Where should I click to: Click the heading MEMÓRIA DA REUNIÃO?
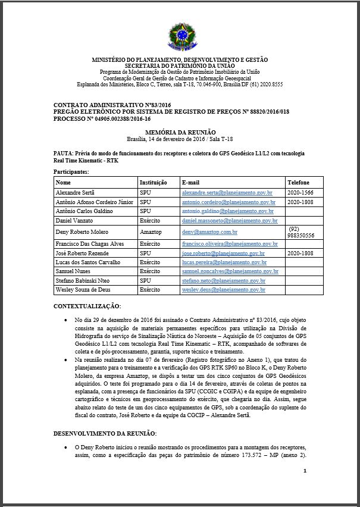(180, 131)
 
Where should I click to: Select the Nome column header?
(63, 182)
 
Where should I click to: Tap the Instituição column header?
(153, 182)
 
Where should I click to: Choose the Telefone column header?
(299, 182)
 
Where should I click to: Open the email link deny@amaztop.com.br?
(210, 231)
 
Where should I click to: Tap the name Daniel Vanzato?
(74, 221)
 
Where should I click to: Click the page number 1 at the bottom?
(304, 471)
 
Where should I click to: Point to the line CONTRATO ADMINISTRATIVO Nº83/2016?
(105, 105)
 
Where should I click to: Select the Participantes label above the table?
(71, 171)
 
